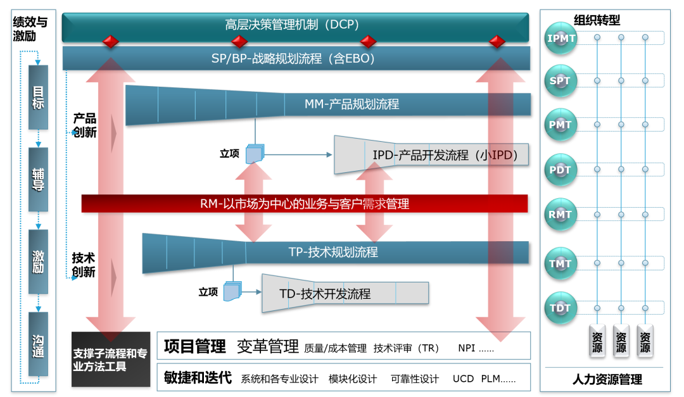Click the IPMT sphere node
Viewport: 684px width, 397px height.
click(x=562, y=38)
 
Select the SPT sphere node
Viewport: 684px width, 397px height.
click(x=560, y=81)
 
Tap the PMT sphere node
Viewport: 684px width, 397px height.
click(x=560, y=125)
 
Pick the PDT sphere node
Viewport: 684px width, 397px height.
click(x=560, y=170)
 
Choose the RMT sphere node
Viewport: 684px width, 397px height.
click(x=560, y=215)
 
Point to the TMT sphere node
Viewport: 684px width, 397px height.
click(x=560, y=263)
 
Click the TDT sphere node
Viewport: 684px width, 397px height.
click(x=560, y=308)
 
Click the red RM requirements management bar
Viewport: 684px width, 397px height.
click(x=305, y=204)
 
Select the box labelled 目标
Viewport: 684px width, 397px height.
click(x=38, y=98)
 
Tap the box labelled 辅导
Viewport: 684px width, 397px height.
click(x=38, y=179)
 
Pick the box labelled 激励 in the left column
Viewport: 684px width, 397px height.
click(x=38, y=262)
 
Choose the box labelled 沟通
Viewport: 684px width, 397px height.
click(x=38, y=343)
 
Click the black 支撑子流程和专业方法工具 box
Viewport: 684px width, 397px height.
click(x=110, y=360)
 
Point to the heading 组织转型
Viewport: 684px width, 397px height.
click(x=597, y=20)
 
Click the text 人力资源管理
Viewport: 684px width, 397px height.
click(x=607, y=379)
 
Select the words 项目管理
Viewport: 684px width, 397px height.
click(x=195, y=346)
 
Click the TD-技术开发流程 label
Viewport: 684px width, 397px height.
click(x=325, y=294)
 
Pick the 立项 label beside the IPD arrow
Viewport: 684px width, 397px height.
click(x=229, y=153)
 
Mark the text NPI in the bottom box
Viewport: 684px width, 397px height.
click(x=466, y=348)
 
